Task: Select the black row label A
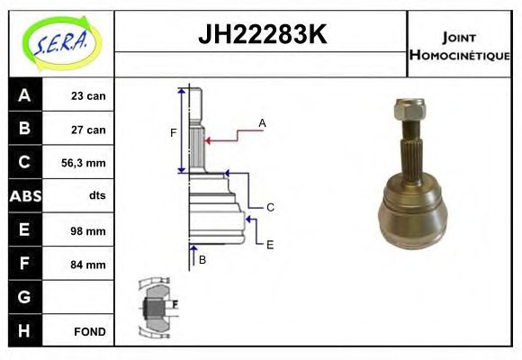[x=24, y=95]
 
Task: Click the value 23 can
[x=88, y=96]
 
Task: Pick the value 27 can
[x=88, y=130]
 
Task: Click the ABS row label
[x=24, y=196]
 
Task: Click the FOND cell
[x=89, y=331]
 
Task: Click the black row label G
[x=24, y=297]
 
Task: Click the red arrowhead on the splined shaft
[x=209, y=139]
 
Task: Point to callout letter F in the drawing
[x=173, y=133]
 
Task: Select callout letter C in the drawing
[x=270, y=207]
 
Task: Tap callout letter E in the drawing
[x=270, y=243]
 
